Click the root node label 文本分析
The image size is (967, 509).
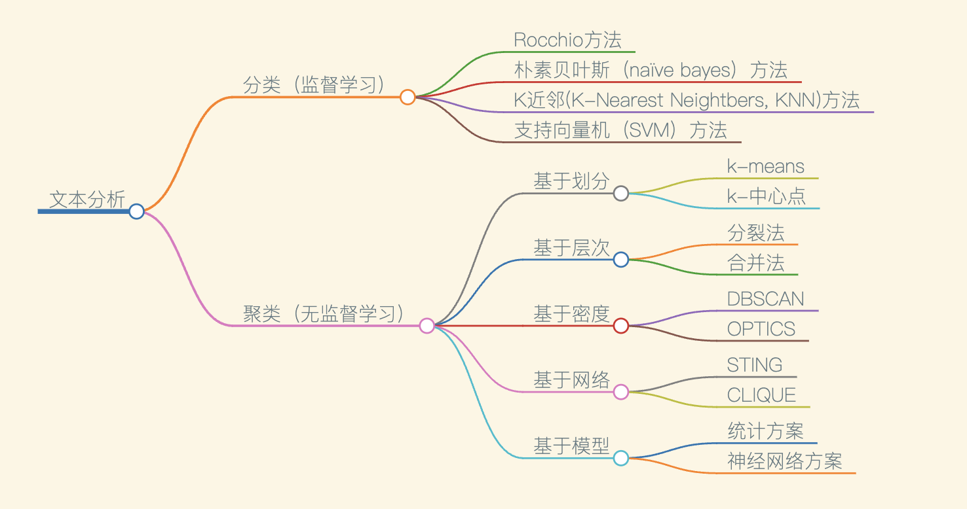pos(87,200)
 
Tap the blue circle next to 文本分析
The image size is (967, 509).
pos(136,211)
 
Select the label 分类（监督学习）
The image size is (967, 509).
pos(314,85)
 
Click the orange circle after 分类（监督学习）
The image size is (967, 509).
pos(408,97)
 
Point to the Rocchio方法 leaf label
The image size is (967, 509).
pos(567,40)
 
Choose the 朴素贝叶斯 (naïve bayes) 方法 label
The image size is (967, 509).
pos(651,70)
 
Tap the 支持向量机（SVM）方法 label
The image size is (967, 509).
pos(620,130)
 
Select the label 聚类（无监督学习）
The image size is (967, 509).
pos(324,314)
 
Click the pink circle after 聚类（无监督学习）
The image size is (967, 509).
pos(427,325)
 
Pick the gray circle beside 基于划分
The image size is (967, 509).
pos(621,193)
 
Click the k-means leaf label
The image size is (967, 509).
pos(765,166)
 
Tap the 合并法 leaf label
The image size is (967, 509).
pos(755,263)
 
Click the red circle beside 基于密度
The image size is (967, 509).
pos(621,325)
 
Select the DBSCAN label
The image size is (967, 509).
pos(765,299)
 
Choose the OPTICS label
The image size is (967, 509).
pos(761,329)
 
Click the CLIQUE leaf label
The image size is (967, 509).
pos(761,395)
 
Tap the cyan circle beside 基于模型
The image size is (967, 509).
pos(621,458)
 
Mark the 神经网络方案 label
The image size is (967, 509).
pos(784,461)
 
